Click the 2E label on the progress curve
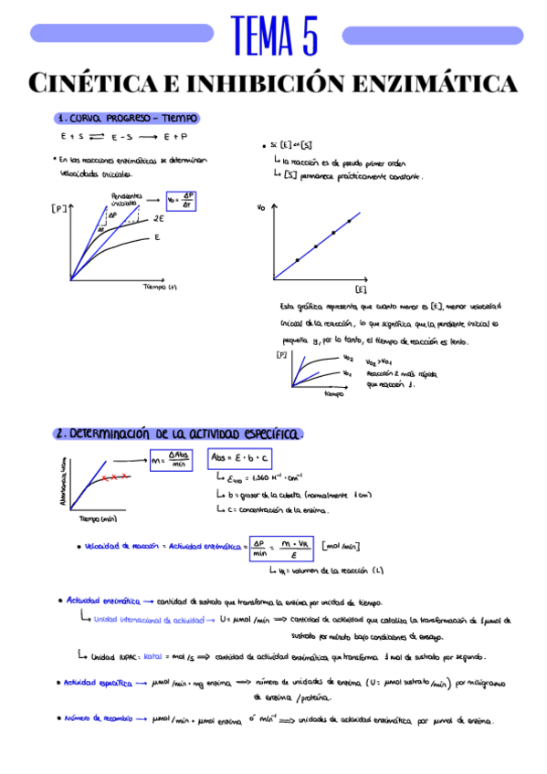pyautogui.click(x=158, y=219)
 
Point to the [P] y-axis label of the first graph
pyautogui.click(x=59, y=209)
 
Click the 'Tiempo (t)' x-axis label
pyautogui.click(x=164, y=287)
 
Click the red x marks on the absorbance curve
pyautogui.click(x=114, y=477)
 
